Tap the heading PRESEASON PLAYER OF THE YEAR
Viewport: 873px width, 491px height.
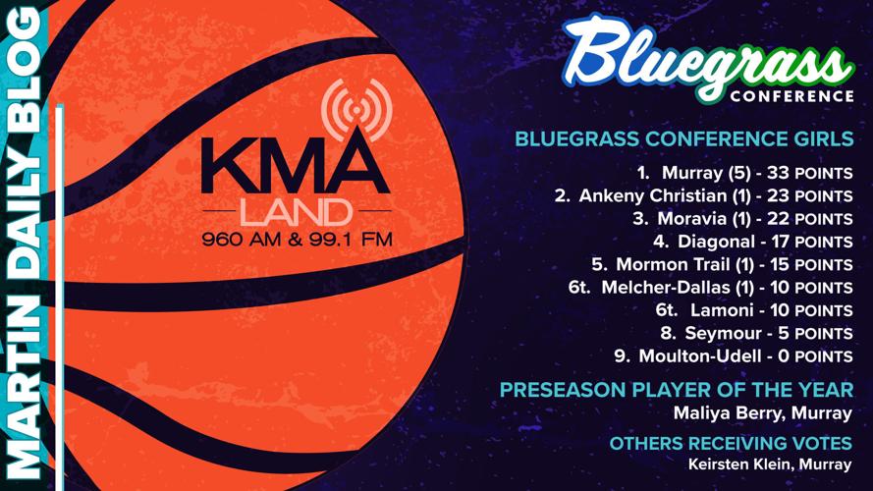tap(677, 390)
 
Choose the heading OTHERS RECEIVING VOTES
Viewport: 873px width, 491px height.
tap(731, 443)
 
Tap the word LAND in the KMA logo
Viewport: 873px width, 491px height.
tap(295, 210)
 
